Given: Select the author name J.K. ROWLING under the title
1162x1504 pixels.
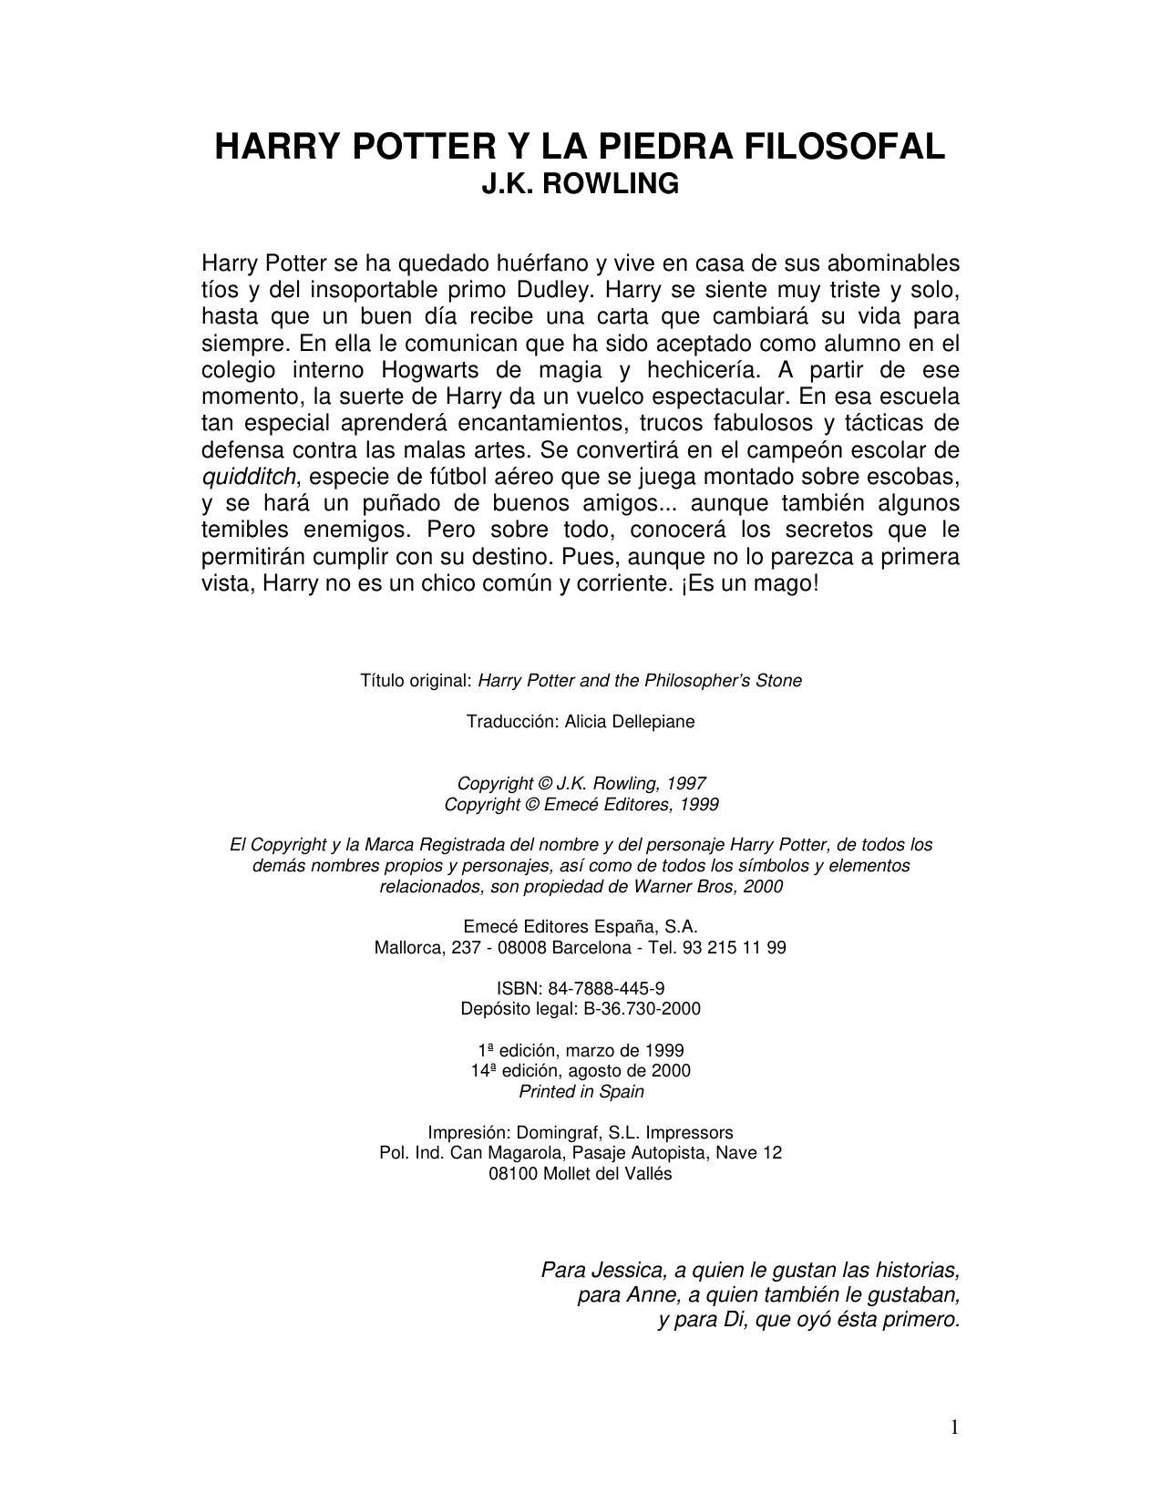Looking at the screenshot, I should [580, 184].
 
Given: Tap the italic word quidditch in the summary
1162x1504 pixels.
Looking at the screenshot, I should [249, 477].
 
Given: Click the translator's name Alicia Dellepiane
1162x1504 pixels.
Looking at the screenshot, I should [630, 722].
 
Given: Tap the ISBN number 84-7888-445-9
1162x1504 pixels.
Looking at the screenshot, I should [606, 988].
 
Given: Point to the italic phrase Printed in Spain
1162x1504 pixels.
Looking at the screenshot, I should [581, 1092].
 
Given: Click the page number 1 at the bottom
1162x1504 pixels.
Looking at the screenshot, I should [954, 1427].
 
